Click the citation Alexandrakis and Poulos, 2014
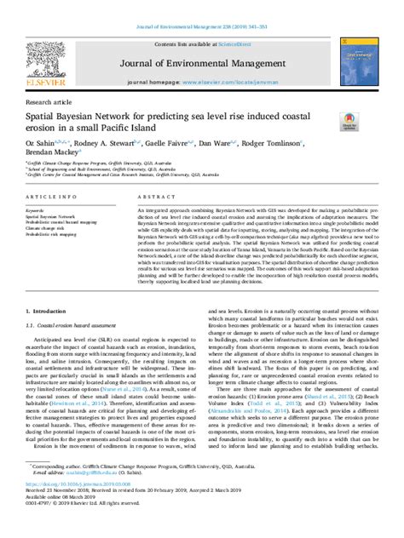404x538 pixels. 265,409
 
